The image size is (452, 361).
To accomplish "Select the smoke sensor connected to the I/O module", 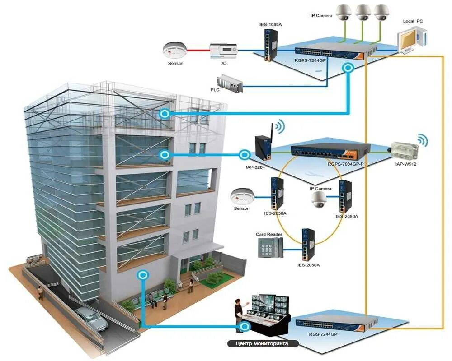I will [x=175, y=50].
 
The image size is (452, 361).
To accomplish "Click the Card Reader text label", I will [x=269, y=234].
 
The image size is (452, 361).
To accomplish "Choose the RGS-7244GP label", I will [x=323, y=334].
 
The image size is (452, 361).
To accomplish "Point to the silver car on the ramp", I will [x=91, y=318].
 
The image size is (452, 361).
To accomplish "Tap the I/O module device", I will [x=224, y=51].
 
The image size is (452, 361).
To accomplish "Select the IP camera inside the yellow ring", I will [x=319, y=199].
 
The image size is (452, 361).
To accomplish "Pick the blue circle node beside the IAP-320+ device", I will [x=245, y=154].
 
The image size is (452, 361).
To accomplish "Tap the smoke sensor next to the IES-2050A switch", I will [x=240, y=197].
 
